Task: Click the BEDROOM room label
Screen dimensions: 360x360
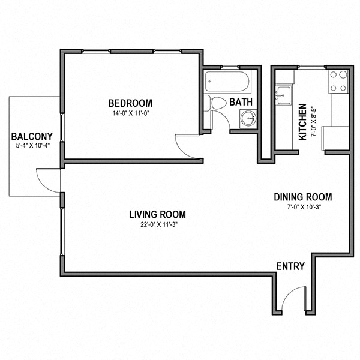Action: [x=130, y=103]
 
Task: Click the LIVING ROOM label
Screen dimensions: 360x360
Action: [x=157, y=214]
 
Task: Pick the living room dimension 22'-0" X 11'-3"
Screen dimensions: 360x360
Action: [x=157, y=225]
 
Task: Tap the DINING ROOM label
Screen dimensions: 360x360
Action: [x=302, y=197]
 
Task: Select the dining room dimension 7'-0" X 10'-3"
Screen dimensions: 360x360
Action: [x=303, y=208]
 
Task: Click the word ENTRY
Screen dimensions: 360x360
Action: [x=290, y=266]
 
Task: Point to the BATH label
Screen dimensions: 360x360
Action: [x=241, y=103]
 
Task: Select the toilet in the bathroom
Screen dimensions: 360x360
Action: [x=216, y=103]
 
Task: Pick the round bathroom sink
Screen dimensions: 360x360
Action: [x=248, y=118]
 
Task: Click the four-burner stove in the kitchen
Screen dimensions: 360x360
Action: [x=338, y=81]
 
